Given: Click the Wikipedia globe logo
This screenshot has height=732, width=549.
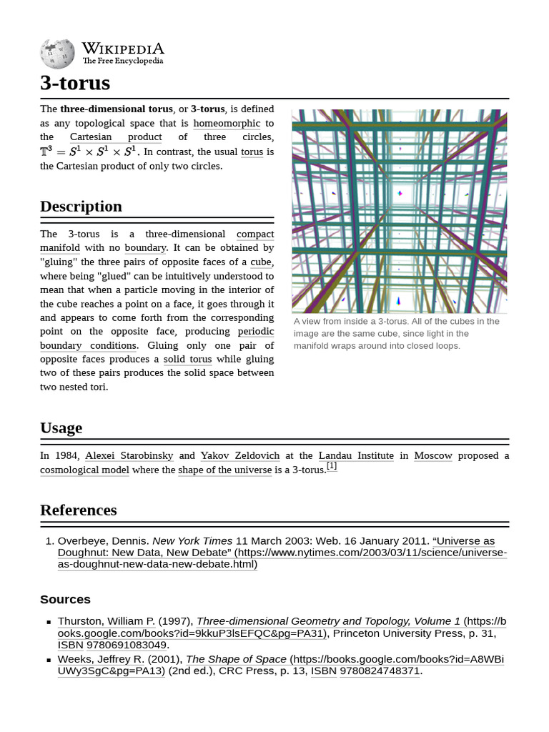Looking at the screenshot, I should coord(57,54).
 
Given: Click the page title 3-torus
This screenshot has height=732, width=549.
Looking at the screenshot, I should coord(75,83).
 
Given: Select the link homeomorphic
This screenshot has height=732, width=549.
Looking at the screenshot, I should coord(227,123).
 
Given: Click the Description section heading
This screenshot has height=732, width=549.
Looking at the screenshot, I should coord(81,207).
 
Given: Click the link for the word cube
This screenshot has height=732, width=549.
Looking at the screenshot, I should coord(260,262).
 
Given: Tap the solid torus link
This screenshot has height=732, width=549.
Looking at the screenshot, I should coord(187,359).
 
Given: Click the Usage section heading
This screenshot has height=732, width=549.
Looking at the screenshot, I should coord(61,428).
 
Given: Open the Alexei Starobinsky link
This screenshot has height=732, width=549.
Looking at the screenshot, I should coord(129,455).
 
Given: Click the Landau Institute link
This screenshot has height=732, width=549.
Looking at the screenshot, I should coord(356,455).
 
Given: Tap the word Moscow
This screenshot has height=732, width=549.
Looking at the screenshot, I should coord(433,455).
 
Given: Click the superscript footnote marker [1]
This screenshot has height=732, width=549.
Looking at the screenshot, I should coord(332,465).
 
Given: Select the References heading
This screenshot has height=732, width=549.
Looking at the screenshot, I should coord(78,510).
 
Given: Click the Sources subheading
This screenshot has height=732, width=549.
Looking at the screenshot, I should coord(65,599).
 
